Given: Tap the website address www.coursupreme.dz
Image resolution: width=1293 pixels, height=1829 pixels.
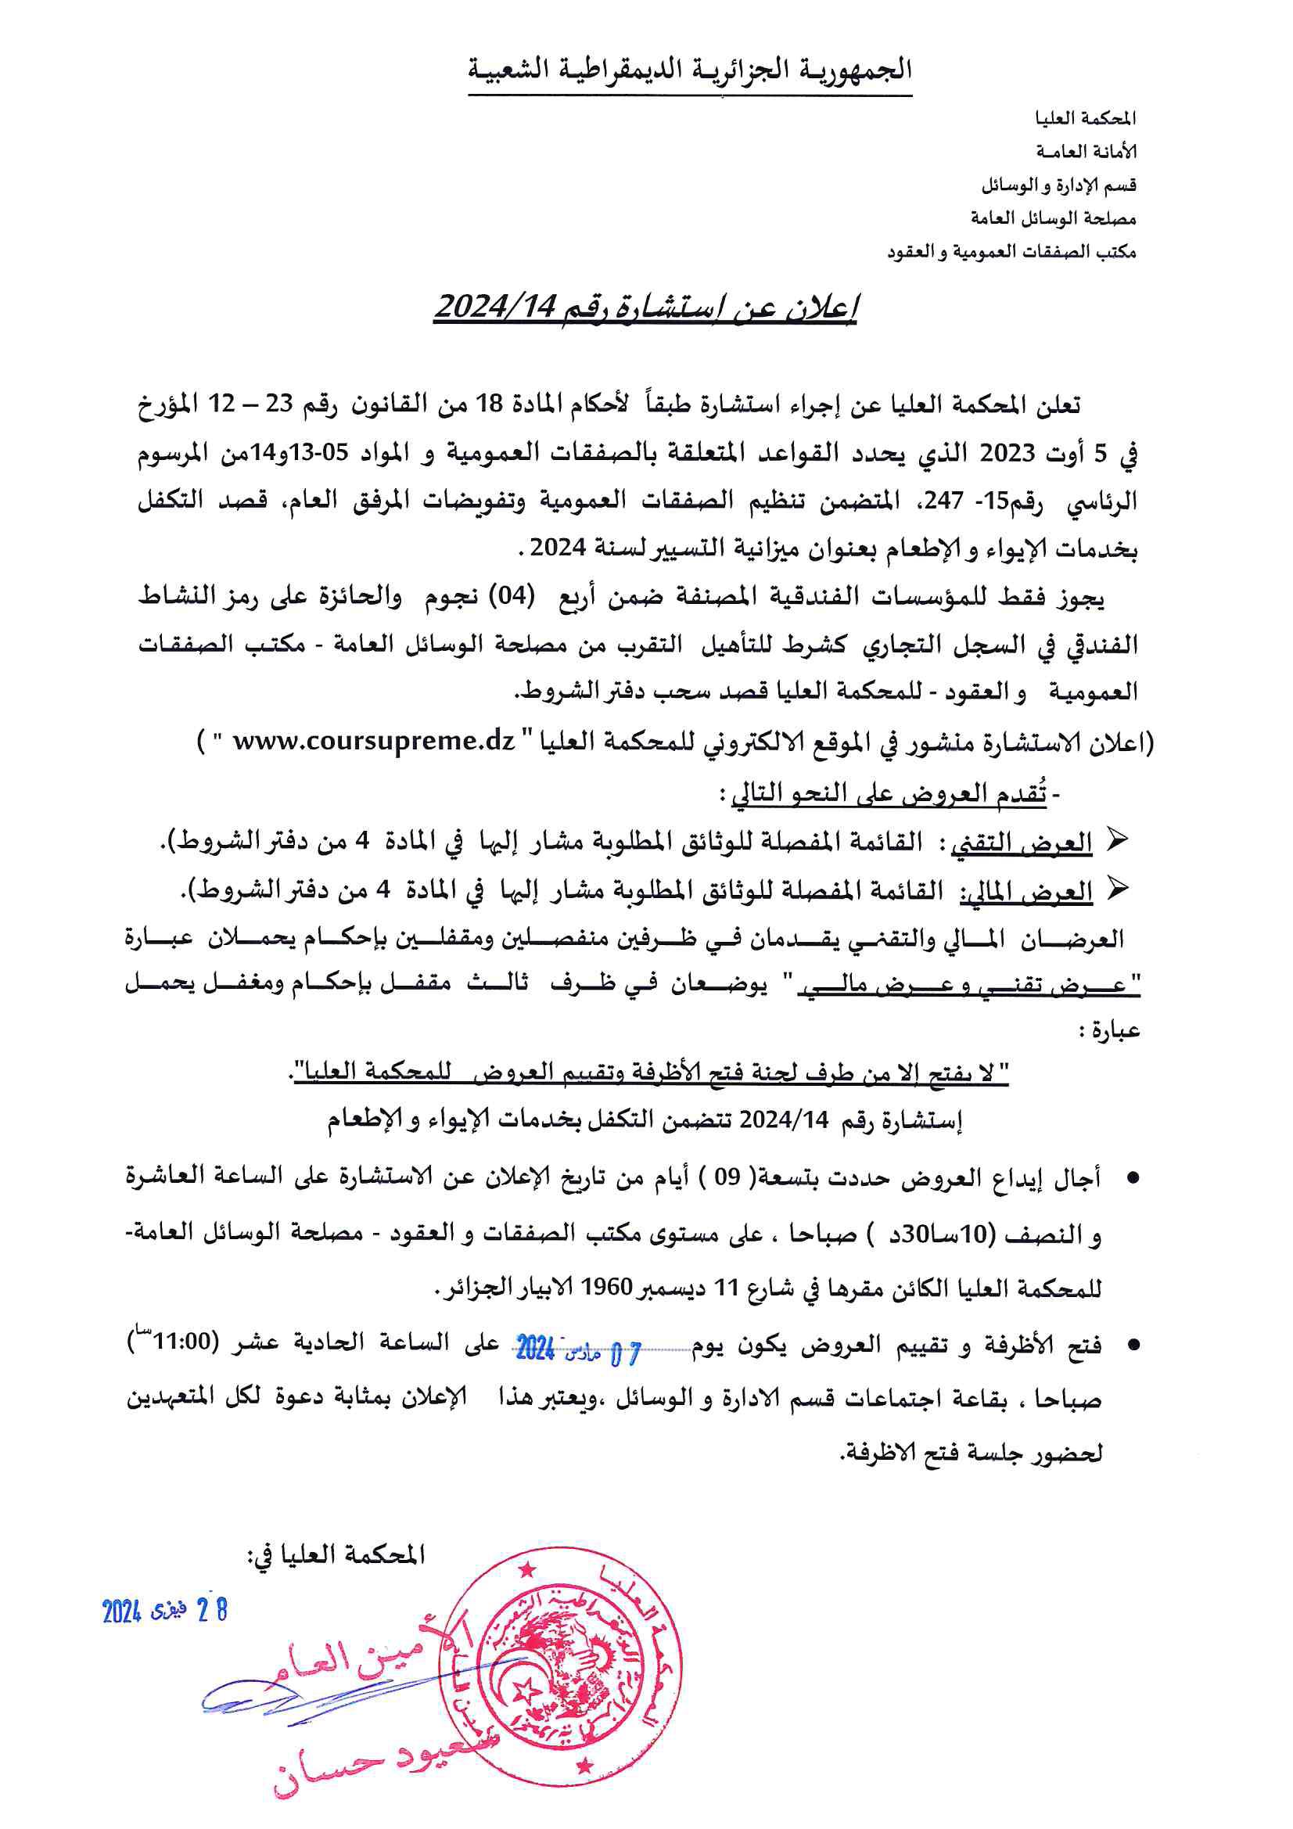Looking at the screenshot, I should [x=374, y=741].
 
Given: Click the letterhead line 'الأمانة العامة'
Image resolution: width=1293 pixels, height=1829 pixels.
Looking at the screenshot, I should [x=1086, y=152].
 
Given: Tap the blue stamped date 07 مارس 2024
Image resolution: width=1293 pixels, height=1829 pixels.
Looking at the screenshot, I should [x=577, y=1350].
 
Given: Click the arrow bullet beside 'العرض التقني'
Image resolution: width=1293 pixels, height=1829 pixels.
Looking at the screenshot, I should [x=1117, y=841].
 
